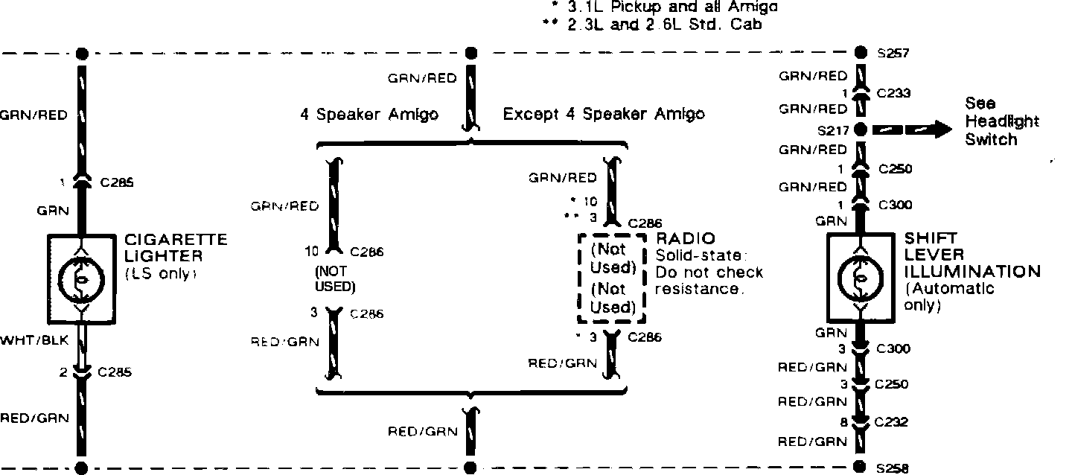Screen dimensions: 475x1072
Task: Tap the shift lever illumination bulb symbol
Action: click(x=860, y=277)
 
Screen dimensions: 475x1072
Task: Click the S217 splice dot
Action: click(x=860, y=130)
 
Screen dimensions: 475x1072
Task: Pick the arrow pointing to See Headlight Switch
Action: click(x=914, y=130)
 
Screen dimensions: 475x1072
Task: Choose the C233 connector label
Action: click(x=893, y=94)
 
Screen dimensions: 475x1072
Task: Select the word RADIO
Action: click(x=686, y=238)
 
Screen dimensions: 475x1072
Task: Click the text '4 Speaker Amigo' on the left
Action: click(x=369, y=115)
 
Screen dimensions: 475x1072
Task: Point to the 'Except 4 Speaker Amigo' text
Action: click(x=604, y=115)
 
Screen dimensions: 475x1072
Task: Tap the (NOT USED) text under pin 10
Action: click(x=333, y=279)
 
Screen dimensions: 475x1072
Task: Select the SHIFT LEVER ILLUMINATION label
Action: click(x=971, y=255)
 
